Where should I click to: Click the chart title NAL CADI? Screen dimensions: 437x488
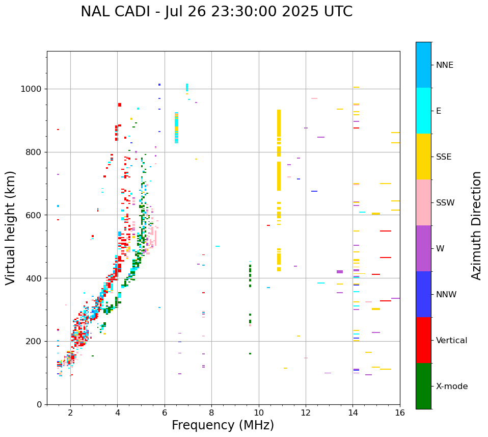216,12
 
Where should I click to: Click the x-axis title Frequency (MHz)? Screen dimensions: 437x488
223,425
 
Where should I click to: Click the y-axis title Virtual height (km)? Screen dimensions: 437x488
11,228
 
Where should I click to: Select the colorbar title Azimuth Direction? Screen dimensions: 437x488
476,225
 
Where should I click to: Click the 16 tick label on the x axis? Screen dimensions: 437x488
400,413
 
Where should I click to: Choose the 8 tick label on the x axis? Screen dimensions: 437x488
211,413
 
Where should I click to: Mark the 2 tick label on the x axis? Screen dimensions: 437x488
70,413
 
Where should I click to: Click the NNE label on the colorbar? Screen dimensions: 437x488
444,65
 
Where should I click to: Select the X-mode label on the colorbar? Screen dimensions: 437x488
451,387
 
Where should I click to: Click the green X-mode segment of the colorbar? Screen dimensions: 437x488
423,386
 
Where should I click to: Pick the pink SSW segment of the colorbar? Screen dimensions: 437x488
423,202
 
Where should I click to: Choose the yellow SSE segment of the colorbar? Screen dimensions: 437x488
423,157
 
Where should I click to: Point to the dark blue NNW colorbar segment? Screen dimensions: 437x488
423,294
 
